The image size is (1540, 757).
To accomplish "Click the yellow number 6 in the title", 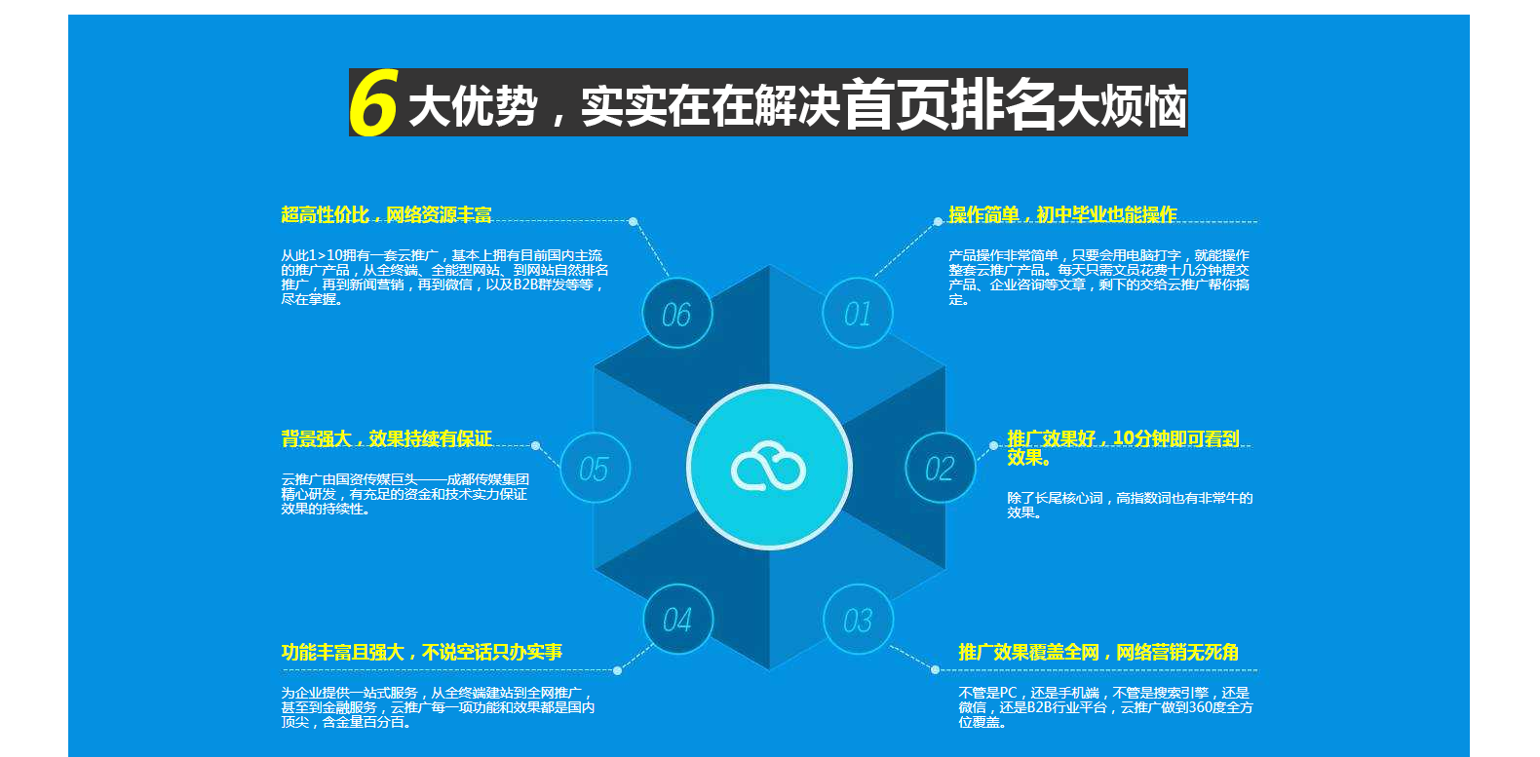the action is [x=373, y=102].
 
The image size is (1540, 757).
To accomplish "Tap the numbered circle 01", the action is [x=858, y=314].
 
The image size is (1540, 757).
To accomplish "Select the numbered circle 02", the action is [x=940, y=468].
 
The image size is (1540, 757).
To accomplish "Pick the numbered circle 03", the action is [x=858, y=620].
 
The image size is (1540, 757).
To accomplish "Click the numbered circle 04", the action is [x=677, y=620].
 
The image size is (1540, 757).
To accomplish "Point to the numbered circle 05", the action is [x=595, y=468].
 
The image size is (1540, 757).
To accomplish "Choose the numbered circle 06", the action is [x=677, y=314].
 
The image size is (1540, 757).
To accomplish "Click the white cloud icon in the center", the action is [x=768, y=467].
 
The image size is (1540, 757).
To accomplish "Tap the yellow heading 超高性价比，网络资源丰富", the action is [x=386, y=215].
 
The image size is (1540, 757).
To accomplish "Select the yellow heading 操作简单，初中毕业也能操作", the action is [x=1062, y=215].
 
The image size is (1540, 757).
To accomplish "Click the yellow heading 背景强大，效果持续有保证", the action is [x=386, y=438].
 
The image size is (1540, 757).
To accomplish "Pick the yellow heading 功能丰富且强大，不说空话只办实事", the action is [x=421, y=652].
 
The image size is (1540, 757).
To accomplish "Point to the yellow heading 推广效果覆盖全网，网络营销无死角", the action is [x=1097, y=652].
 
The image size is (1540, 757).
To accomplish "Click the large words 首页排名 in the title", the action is [x=949, y=104].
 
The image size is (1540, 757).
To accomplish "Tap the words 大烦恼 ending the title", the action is [x=1122, y=106].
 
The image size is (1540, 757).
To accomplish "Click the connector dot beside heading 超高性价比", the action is [x=634, y=221].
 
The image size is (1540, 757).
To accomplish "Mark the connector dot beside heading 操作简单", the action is [x=938, y=221].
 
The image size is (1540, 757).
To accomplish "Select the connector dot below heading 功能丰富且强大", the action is [x=617, y=670].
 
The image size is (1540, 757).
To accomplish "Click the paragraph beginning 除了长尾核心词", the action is [x=1130, y=505].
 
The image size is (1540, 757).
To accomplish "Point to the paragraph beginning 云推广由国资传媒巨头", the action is [x=404, y=494].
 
